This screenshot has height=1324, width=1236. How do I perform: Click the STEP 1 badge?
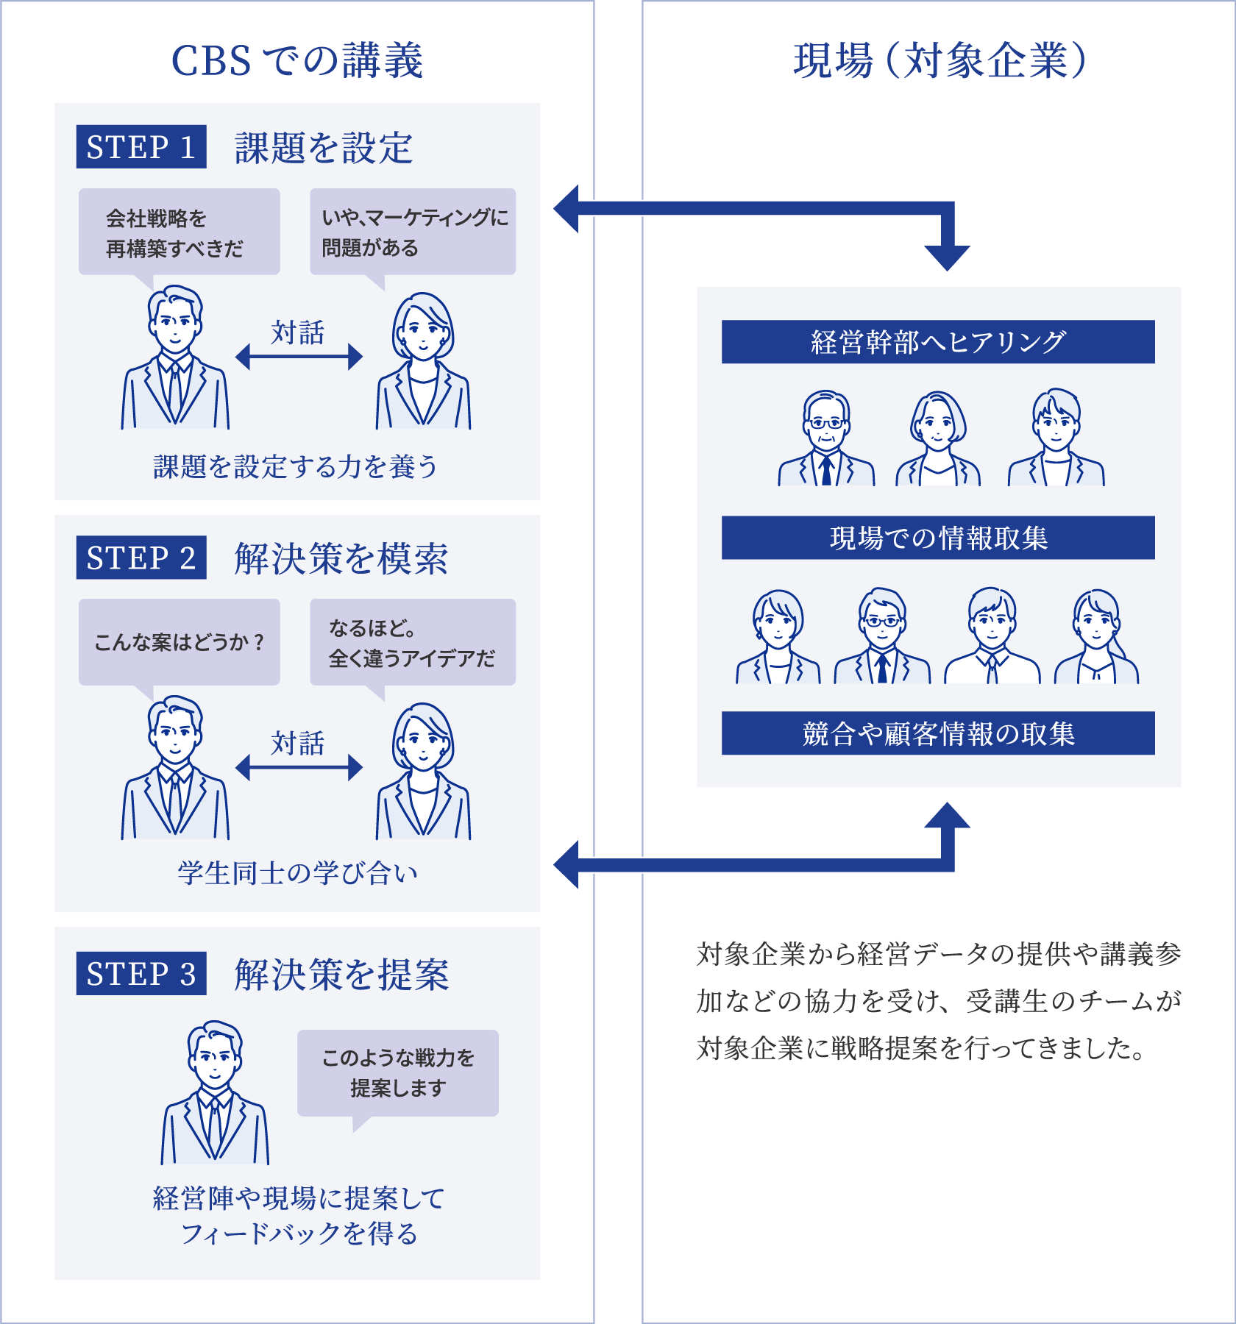tap(141, 147)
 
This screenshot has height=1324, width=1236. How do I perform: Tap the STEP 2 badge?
tap(141, 558)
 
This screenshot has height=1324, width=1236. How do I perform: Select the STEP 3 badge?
tap(141, 974)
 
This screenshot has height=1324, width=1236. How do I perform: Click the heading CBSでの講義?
tap(297, 60)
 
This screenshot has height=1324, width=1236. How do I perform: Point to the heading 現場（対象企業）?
tap(940, 60)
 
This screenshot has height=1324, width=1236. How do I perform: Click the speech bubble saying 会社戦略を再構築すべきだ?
tap(179, 232)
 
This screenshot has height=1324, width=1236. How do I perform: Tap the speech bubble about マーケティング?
tap(413, 232)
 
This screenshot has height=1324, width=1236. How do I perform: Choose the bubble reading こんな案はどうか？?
tap(179, 642)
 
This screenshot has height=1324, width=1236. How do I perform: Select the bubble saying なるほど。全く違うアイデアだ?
tap(413, 642)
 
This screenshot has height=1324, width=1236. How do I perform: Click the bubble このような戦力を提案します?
tap(398, 1073)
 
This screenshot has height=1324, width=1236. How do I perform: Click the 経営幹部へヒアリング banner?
tap(938, 342)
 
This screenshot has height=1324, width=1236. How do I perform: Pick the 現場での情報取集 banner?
tap(938, 538)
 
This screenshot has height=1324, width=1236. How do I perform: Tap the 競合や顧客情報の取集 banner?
tap(938, 733)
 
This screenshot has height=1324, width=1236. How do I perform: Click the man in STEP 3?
tap(215, 1092)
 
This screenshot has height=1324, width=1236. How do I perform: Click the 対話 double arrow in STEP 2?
tap(299, 768)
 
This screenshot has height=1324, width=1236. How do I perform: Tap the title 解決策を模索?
tap(341, 559)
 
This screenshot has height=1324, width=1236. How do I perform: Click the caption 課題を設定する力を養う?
tap(296, 467)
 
